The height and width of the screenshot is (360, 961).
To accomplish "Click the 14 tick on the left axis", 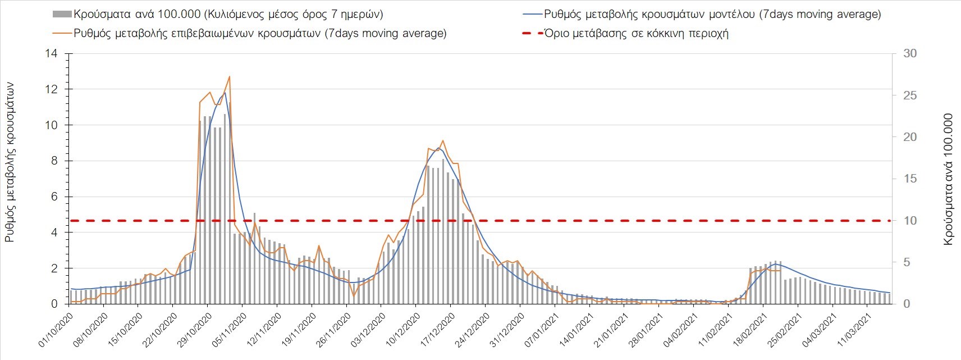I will point(53,54).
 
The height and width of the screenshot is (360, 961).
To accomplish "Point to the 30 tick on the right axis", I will point(910,54).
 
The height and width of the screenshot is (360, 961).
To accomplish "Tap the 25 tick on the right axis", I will point(910,95).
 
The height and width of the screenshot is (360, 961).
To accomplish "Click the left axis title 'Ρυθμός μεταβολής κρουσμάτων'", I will point(10,162).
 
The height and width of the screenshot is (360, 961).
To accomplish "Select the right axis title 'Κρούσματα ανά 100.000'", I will point(949,179).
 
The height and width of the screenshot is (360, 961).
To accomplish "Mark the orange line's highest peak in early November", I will point(229,76).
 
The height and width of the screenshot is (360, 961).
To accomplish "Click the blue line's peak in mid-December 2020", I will point(438,148).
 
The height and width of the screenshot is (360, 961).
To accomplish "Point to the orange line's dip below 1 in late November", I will point(354,295).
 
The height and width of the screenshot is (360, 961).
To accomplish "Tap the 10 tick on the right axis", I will point(910,221).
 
